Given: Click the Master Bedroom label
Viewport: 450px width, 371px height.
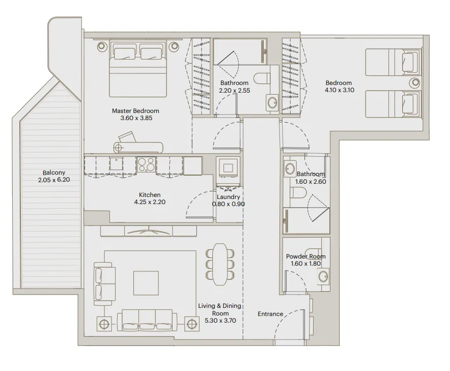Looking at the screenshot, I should click(x=135, y=110).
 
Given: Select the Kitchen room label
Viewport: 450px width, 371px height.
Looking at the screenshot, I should click(x=150, y=195).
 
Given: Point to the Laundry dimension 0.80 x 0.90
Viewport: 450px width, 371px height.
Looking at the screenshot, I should click(x=229, y=204).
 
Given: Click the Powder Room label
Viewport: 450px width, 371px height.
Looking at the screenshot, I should click(x=305, y=256).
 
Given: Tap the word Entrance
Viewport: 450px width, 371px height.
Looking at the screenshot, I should click(x=270, y=314).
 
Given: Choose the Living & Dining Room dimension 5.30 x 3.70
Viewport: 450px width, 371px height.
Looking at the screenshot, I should click(x=219, y=321).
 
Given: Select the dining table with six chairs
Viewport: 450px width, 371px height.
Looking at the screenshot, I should click(x=220, y=264).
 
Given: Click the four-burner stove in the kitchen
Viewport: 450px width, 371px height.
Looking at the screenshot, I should click(x=147, y=164).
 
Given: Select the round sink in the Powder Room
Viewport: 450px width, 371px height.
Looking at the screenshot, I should click(x=322, y=277).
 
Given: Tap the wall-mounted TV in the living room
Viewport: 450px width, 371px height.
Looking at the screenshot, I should click(x=149, y=231).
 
